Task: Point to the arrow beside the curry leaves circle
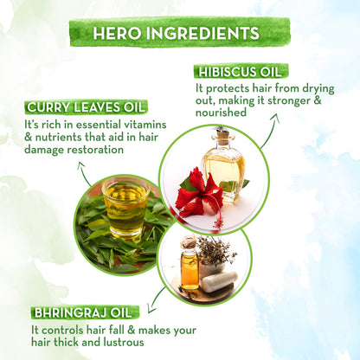[x=85, y=174]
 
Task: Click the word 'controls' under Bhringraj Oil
[x=68, y=330]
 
